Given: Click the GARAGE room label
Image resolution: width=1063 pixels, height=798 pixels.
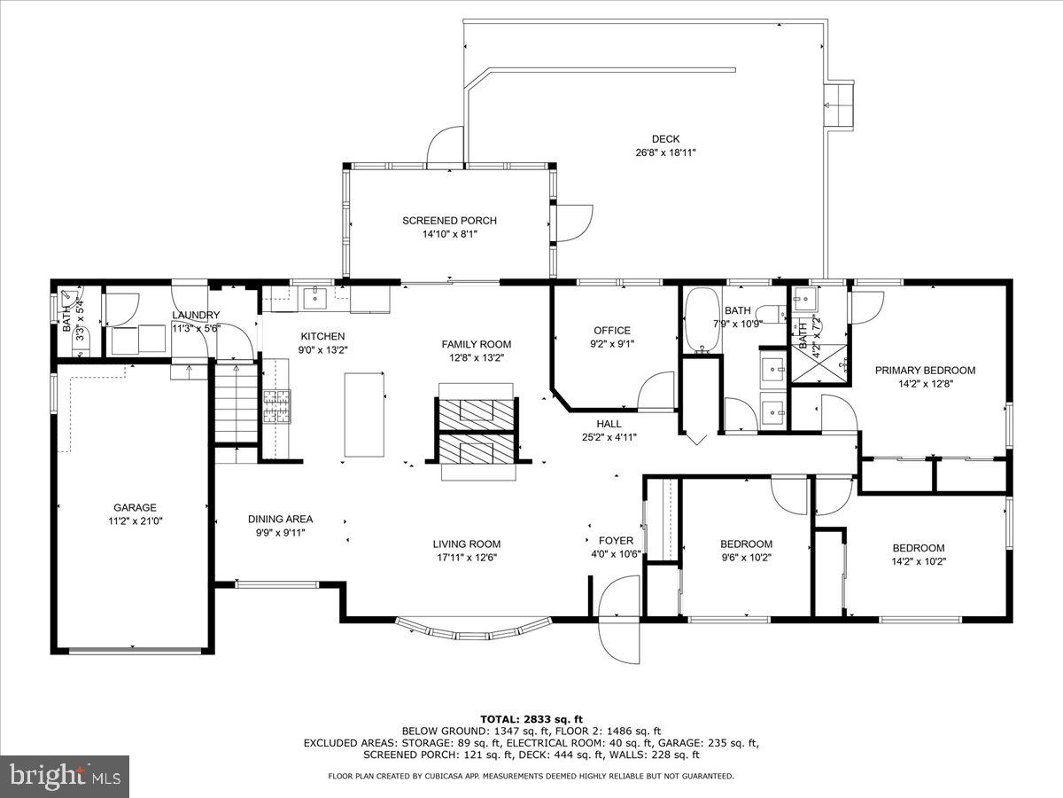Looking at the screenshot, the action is click(x=135, y=507).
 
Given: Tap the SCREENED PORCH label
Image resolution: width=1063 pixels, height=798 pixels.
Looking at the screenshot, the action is click(x=449, y=221).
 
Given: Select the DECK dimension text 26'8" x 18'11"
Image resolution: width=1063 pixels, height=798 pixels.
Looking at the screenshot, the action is click(x=665, y=153).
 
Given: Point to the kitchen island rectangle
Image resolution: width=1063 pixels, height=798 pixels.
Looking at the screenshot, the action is click(x=364, y=414).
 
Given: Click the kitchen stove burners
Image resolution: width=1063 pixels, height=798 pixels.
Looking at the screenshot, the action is click(x=276, y=406).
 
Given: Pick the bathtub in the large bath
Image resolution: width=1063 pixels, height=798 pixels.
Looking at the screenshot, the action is click(x=702, y=321).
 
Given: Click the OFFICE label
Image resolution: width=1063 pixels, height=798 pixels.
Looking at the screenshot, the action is click(x=612, y=331).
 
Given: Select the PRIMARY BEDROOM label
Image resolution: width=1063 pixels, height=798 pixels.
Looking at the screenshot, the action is click(x=925, y=370).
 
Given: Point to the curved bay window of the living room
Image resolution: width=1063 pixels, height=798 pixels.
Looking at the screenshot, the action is click(x=474, y=629).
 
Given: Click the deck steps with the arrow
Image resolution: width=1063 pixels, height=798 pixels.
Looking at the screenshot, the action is click(x=838, y=106).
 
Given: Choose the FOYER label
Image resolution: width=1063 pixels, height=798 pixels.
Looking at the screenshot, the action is click(x=616, y=540).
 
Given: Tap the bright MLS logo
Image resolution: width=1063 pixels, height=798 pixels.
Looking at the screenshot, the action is click(x=65, y=777).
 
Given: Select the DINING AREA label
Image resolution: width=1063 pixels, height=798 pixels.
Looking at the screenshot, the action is click(x=281, y=519).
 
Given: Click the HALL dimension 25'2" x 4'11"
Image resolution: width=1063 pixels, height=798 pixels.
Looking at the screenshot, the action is click(x=609, y=437).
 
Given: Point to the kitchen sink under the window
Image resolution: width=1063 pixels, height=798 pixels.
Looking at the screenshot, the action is click(x=315, y=298).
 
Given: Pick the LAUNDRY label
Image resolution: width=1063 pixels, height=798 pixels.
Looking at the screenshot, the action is click(x=196, y=315).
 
